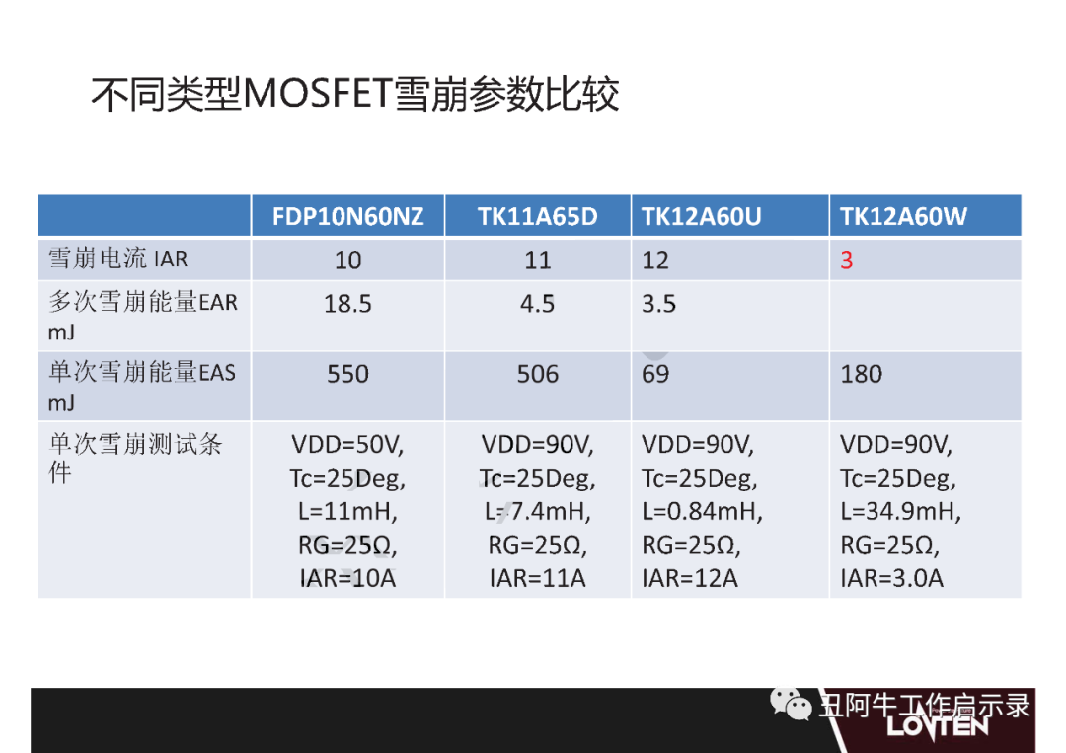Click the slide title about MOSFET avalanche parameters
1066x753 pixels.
355,93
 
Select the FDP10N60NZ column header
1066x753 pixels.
348,217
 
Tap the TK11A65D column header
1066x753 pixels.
538,217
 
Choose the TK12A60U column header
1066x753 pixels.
702,217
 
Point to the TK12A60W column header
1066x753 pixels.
903,217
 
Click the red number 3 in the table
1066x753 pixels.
847,261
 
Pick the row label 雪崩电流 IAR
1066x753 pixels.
117,259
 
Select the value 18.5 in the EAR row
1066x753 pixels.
348,304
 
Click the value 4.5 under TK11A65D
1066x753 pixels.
538,304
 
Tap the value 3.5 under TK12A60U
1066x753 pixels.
658,304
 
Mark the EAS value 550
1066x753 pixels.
348,374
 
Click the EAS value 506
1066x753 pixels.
538,374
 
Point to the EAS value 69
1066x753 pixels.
655,374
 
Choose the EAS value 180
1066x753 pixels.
862,374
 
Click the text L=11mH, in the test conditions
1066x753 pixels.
347,511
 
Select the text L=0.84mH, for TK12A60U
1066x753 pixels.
703,511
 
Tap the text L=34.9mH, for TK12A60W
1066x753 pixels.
901,511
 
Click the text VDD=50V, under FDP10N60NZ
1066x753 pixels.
347,445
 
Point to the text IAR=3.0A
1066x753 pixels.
892,578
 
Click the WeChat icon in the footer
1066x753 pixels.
791,704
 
